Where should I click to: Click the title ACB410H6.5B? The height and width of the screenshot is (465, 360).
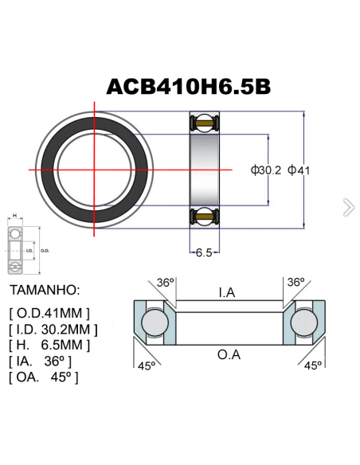click(186, 86)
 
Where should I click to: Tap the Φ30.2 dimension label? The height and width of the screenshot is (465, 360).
click(265, 170)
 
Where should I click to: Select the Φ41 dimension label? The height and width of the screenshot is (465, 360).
click(303, 170)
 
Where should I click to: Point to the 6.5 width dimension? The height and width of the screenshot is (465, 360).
click(203, 252)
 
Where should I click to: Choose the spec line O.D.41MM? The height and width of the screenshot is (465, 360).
click(49, 313)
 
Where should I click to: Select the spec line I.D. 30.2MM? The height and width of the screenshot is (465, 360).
click(53, 329)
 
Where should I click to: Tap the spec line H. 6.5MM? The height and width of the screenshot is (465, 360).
click(49, 345)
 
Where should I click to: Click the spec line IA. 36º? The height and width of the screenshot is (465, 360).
click(43, 361)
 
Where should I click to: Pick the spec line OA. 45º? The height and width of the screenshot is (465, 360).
click(44, 377)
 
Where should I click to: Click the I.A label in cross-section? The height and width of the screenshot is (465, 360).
click(227, 293)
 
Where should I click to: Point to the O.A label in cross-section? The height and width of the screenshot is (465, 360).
click(229, 354)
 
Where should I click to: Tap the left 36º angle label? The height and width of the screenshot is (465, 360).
click(165, 283)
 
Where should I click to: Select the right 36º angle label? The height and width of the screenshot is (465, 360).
click(296, 283)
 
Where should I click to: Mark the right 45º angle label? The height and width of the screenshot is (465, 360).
click(313, 365)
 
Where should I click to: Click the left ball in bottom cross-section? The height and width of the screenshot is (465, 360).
click(152, 322)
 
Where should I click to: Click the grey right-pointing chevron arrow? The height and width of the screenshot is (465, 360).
click(348, 208)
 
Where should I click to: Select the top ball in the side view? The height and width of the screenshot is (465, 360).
click(203, 123)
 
